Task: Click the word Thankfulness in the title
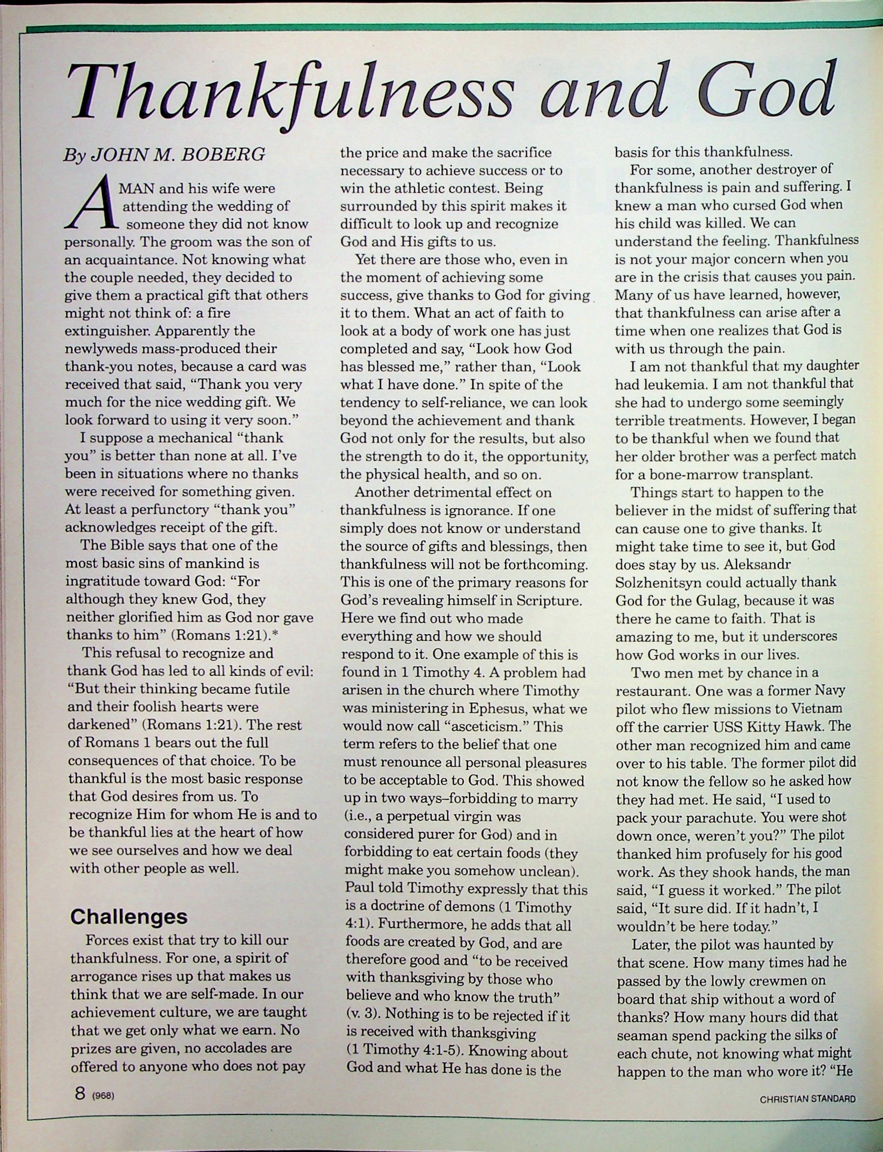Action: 292,94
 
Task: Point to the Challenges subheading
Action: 129,916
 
